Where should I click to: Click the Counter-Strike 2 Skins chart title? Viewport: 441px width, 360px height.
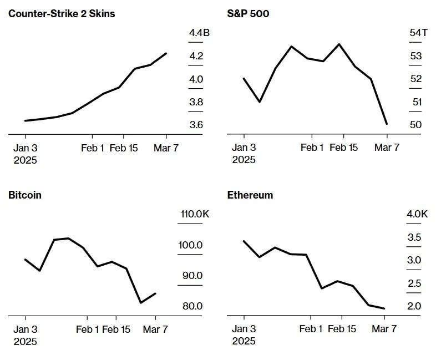(x=62, y=13)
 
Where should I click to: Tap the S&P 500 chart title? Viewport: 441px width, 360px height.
(x=249, y=13)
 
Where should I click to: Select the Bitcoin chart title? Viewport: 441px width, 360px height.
(x=25, y=195)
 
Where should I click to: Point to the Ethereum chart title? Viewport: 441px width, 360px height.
(x=250, y=195)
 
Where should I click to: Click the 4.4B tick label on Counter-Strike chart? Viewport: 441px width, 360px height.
(x=199, y=33)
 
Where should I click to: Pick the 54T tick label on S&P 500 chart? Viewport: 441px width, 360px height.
(x=418, y=33)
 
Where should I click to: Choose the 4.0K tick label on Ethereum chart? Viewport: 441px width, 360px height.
(x=417, y=215)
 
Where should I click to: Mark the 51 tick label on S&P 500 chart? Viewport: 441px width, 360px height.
(x=417, y=102)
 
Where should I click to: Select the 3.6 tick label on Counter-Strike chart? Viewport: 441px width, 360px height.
(x=196, y=125)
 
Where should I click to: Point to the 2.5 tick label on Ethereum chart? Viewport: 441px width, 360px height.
(x=414, y=283)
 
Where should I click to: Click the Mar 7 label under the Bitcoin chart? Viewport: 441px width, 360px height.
(x=155, y=329)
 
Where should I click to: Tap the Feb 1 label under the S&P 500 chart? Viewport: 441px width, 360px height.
(x=312, y=148)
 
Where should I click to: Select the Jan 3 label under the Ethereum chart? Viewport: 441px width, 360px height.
(x=244, y=329)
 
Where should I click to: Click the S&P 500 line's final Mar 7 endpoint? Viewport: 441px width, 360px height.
(x=387, y=124)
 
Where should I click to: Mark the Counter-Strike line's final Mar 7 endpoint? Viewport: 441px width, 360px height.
(x=166, y=53)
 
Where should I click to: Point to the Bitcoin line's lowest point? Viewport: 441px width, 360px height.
(x=141, y=303)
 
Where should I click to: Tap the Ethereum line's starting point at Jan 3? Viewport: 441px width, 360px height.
(x=244, y=241)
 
